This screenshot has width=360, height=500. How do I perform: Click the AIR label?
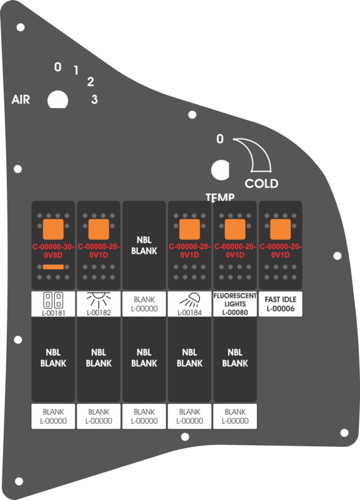tap(21, 99)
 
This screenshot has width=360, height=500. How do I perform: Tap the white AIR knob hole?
tap(57, 100)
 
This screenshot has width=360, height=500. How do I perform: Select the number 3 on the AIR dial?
tap(94, 99)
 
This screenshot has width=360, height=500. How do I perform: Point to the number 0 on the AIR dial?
tap(57, 67)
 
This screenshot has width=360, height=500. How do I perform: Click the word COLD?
tap(261, 184)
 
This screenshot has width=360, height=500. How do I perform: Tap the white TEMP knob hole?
tap(220, 170)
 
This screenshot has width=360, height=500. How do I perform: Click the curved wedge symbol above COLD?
tap(255, 155)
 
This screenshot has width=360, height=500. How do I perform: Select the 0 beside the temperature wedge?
tap(220, 139)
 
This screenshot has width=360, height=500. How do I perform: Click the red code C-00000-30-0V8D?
tap(53, 251)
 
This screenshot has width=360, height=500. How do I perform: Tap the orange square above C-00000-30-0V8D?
tap(53, 229)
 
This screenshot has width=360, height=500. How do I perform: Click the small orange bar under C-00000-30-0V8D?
tap(53, 267)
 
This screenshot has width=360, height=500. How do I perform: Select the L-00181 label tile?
tap(53, 304)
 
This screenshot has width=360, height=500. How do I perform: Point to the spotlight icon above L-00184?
tap(190, 300)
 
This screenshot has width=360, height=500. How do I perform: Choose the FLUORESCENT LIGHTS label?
tap(235, 304)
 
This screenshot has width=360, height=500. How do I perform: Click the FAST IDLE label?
tap(281, 304)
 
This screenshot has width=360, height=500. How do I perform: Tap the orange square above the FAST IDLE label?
tap(281, 229)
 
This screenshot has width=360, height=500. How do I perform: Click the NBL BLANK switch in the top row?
tap(144, 245)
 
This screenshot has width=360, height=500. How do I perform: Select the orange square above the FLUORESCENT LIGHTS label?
tap(235, 229)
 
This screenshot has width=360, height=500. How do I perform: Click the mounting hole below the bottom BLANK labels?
tap(185, 436)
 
